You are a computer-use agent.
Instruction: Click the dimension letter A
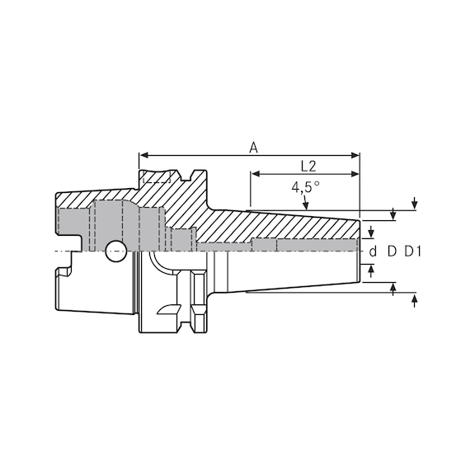254,148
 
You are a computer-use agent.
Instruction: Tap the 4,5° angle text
305,187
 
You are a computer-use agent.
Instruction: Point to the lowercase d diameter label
372,252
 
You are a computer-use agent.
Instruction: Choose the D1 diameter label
412,252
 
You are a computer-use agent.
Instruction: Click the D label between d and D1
392,252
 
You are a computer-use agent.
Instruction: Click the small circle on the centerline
113,248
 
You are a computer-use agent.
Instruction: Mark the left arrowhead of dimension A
143,155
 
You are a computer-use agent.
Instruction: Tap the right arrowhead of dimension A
356,155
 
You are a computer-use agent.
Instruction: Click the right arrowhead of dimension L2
356,174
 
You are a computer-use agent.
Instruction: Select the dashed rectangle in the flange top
157,177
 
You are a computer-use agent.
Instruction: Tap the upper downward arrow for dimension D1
413,205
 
